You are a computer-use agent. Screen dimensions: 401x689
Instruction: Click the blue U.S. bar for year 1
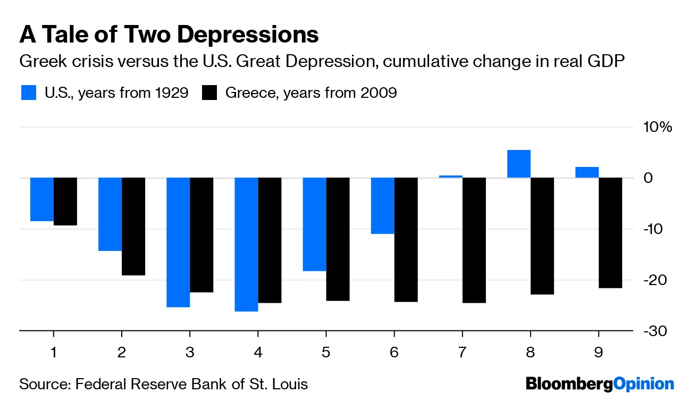click(x=42, y=199)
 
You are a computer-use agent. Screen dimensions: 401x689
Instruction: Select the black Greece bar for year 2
click(x=133, y=226)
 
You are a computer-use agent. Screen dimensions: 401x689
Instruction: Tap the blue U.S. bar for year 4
click(x=246, y=244)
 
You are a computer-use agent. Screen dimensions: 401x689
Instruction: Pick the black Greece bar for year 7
click(x=474, y=240)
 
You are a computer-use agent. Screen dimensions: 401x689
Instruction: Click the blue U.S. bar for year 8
click(x=519, y=164)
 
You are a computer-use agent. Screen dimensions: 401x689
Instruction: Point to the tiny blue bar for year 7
click(x=451, y=176)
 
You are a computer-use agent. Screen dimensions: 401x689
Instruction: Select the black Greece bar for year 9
click(x=610, y=232)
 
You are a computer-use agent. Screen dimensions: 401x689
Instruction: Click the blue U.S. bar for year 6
click(x=383, y=205)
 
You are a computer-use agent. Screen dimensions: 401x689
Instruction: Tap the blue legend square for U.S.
click(x=29, y=93)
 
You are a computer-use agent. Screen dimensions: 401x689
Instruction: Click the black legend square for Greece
click(x=210, y=93)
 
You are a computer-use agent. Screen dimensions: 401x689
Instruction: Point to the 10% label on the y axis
click(x=658, y=127)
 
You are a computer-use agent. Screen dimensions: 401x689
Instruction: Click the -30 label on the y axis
click(x=658, y=331)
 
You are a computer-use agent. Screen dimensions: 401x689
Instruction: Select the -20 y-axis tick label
click(x=658, y=280)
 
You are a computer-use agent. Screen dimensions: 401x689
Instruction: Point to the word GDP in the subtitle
click(x=603, y=62)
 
